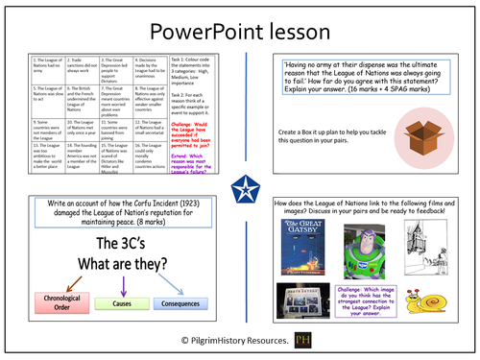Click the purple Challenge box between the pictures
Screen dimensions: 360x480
[370, 310]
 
